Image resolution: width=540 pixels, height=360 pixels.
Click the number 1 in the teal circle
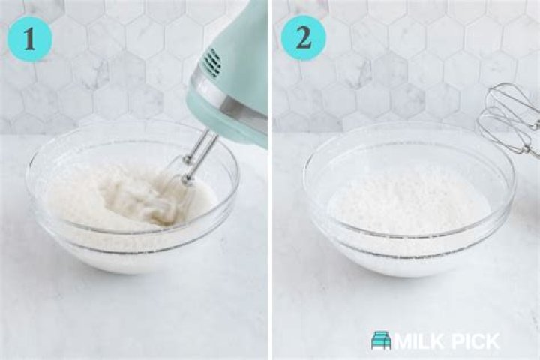point(29,39)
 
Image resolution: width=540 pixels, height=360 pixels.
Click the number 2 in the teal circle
point(304,37)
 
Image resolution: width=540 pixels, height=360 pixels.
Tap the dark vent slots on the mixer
point(212,62)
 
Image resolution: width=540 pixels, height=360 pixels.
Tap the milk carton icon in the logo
point(381,340)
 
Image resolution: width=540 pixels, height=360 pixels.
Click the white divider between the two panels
point(270,180)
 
